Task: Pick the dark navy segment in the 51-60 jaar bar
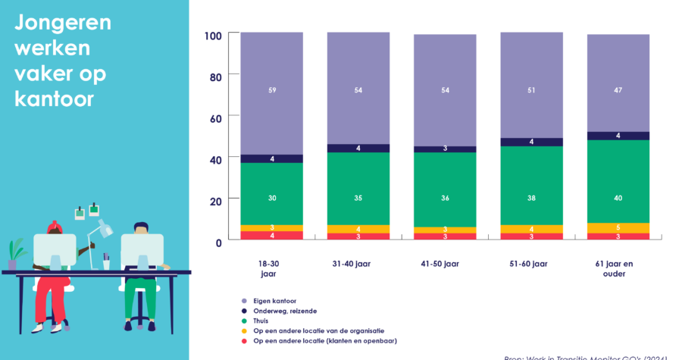(x=532, y=142)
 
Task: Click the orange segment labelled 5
(x=618, y=227)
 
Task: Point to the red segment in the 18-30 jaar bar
(x=271, y=236)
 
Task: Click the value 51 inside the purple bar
(x=532, y=90)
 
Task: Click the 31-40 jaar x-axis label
(x=358, y=263)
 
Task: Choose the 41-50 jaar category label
(x=445, y=263)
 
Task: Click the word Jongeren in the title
(x=63, y=23)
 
